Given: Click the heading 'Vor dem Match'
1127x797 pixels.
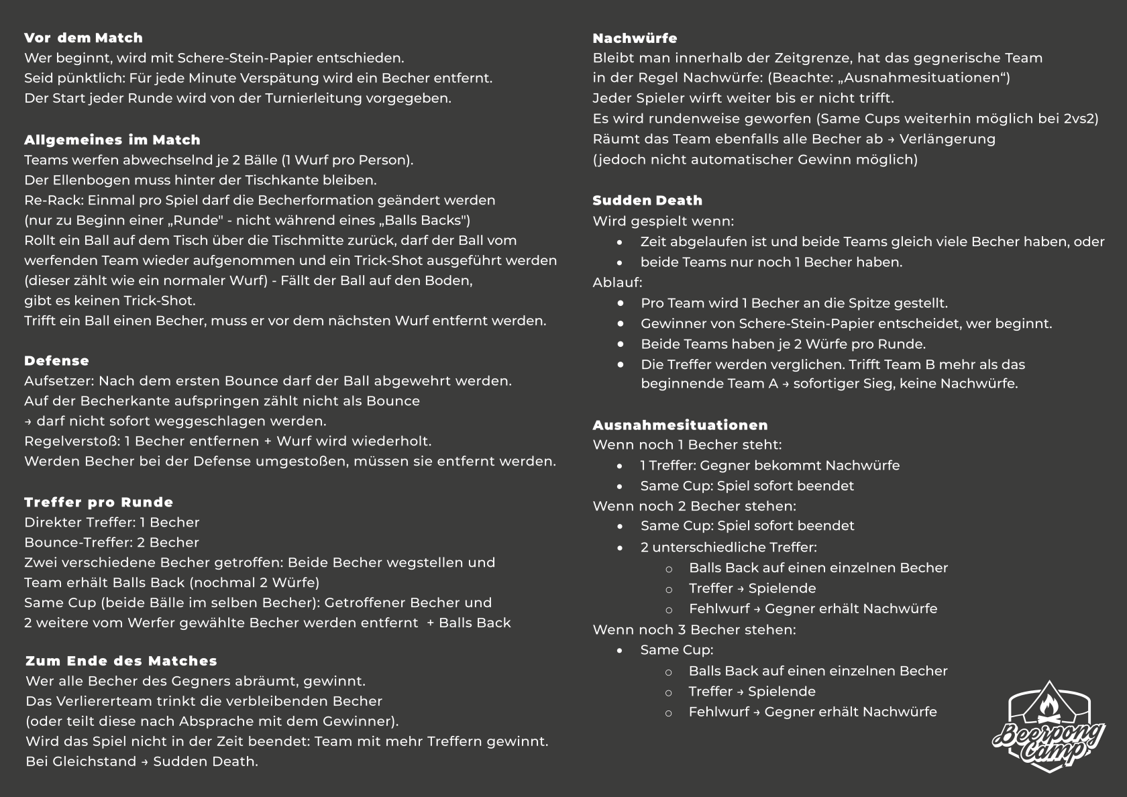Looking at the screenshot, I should tap(83, 38).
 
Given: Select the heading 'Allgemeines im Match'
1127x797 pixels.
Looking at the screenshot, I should tap(112, 140).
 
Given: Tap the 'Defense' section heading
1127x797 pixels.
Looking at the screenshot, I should tap(56, 361).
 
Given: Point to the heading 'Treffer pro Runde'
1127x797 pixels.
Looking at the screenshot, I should tap(99, 502).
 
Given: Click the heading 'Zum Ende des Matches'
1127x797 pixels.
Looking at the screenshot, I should tap(121, 661).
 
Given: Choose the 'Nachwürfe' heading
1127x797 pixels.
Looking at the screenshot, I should tap(635, 38).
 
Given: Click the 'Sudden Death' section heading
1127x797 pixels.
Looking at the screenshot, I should tap(647, 201).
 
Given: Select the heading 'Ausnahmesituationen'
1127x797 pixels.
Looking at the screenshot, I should tap(680, 425).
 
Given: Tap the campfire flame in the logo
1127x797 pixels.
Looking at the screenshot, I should tap(1049, 704).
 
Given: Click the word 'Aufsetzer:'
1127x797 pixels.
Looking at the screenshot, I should tap(59, 381).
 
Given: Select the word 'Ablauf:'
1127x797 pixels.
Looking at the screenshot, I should tap(617, 282).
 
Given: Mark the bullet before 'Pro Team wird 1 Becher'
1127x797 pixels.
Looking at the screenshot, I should tap(621, 303).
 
